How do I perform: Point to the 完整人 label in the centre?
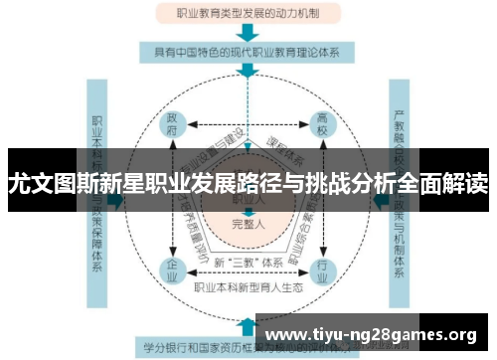point(248,223)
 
